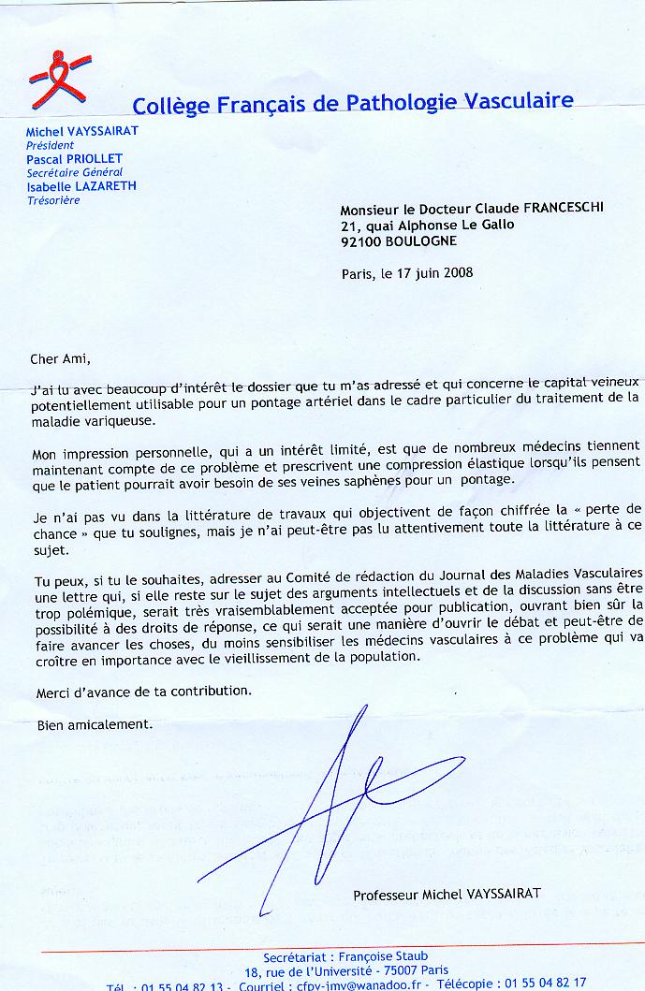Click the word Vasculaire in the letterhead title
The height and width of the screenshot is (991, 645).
coord(518,103)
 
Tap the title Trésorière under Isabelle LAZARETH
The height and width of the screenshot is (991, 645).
coord(51,199)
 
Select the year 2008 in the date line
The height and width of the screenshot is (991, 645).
coord(458,273)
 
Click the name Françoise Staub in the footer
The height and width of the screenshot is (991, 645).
coord(385,955)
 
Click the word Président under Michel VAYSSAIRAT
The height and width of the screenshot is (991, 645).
coord(50,146)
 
